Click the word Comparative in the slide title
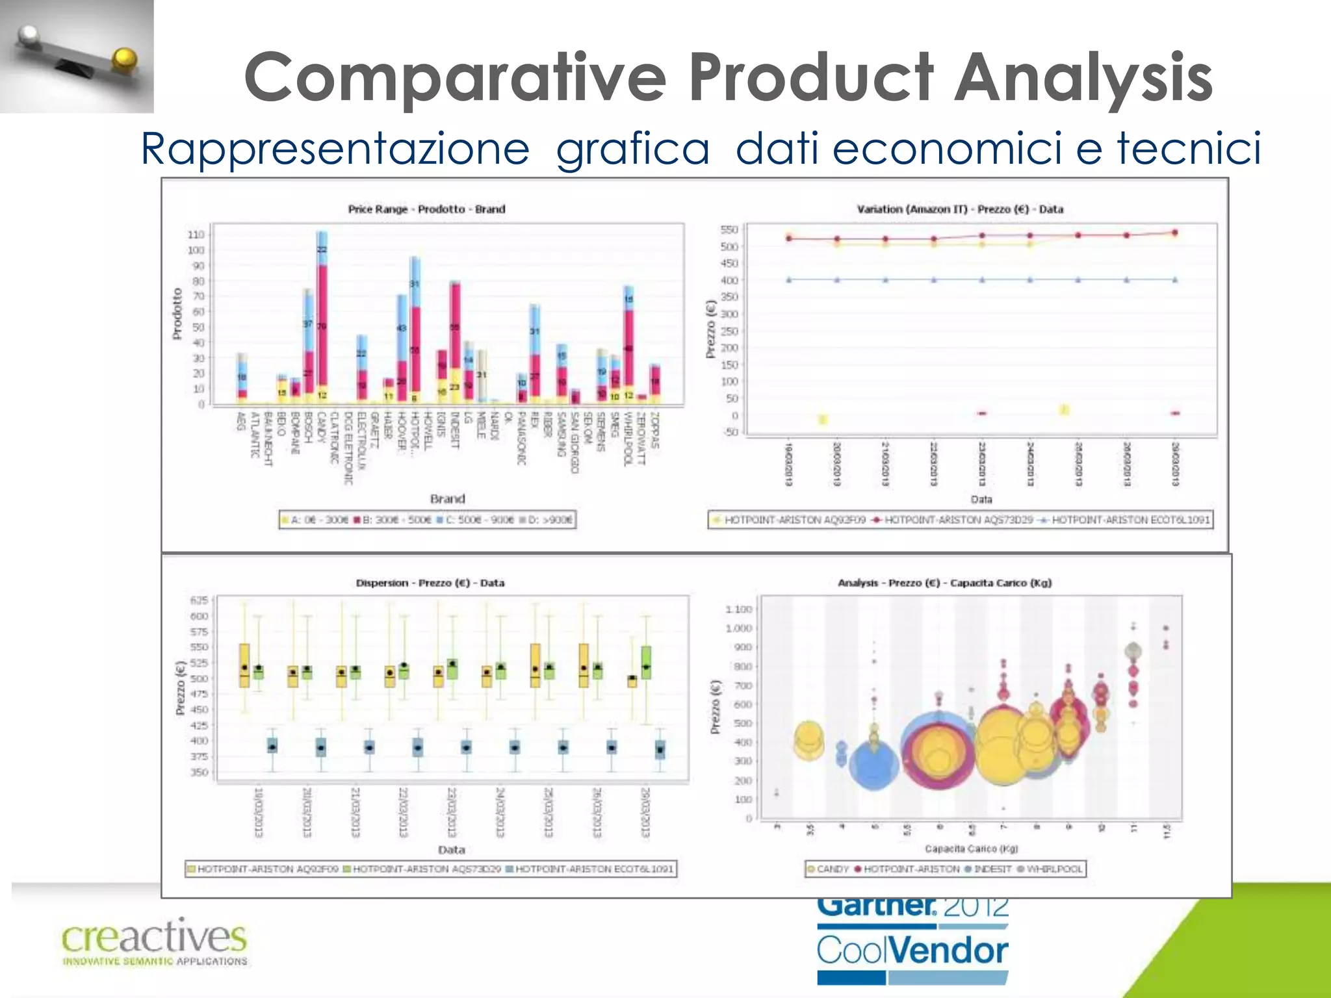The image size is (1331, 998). [455, 78]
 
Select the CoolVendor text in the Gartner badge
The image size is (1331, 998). [912, 951]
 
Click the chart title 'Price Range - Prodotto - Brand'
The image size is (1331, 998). [426, 209]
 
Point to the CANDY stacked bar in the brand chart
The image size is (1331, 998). [322, 318]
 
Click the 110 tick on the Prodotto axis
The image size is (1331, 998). [196, 235]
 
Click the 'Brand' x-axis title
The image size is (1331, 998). [447, 499]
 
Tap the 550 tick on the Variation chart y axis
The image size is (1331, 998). [729, 229]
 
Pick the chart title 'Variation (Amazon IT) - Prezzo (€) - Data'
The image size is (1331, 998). [960, 209]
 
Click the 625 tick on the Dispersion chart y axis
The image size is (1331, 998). [199, 600]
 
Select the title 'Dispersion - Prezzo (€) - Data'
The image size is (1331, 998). [430, 583]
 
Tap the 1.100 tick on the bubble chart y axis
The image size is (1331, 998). [738, 609]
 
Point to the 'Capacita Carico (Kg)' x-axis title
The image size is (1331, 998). [971, 849]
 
